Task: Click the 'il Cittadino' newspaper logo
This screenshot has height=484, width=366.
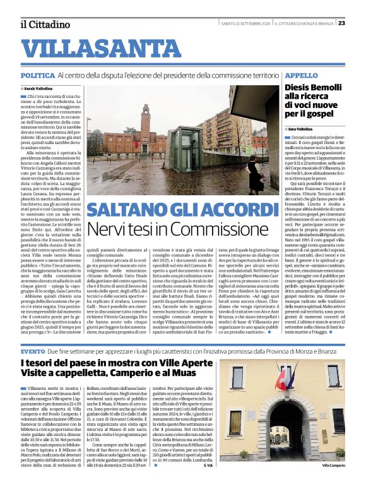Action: click(45, 24)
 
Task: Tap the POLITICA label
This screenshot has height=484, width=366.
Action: click(37, 75)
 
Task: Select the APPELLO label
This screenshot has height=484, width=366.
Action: click(302, 75)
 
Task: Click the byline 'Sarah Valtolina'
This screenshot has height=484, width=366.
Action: click(38, 88)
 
